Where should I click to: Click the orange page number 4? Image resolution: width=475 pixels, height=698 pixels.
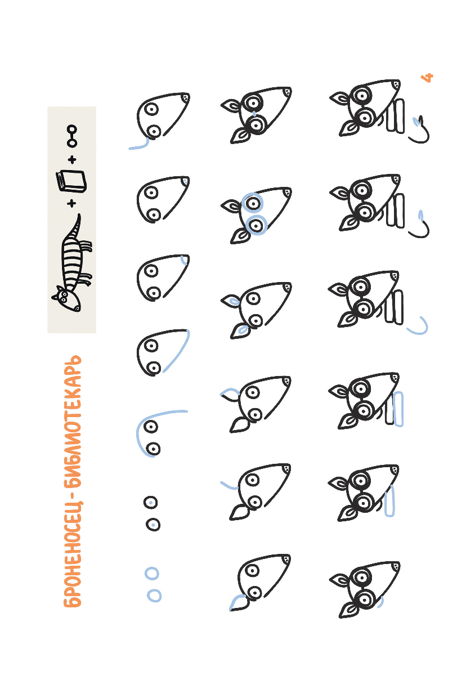[x=427, y=78]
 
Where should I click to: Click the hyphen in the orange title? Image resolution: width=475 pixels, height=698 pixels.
[x=72, y=489]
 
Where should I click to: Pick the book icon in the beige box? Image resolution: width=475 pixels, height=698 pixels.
[x=71, y=182]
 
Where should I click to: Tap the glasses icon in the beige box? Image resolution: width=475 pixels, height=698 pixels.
[x=71, y=136]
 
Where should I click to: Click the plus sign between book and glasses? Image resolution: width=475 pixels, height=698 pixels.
[x=72, y=159]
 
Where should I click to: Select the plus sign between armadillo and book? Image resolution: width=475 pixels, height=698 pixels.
[x=71, y=203]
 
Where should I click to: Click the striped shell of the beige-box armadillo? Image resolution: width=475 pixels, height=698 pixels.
[x=72, y=262]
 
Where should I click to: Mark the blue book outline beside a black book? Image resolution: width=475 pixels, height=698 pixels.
[x=398, y=409]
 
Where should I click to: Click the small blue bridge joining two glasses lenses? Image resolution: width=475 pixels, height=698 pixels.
[x=254, y=114]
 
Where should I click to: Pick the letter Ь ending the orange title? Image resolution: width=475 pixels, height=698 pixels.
[x=72, y=361]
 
